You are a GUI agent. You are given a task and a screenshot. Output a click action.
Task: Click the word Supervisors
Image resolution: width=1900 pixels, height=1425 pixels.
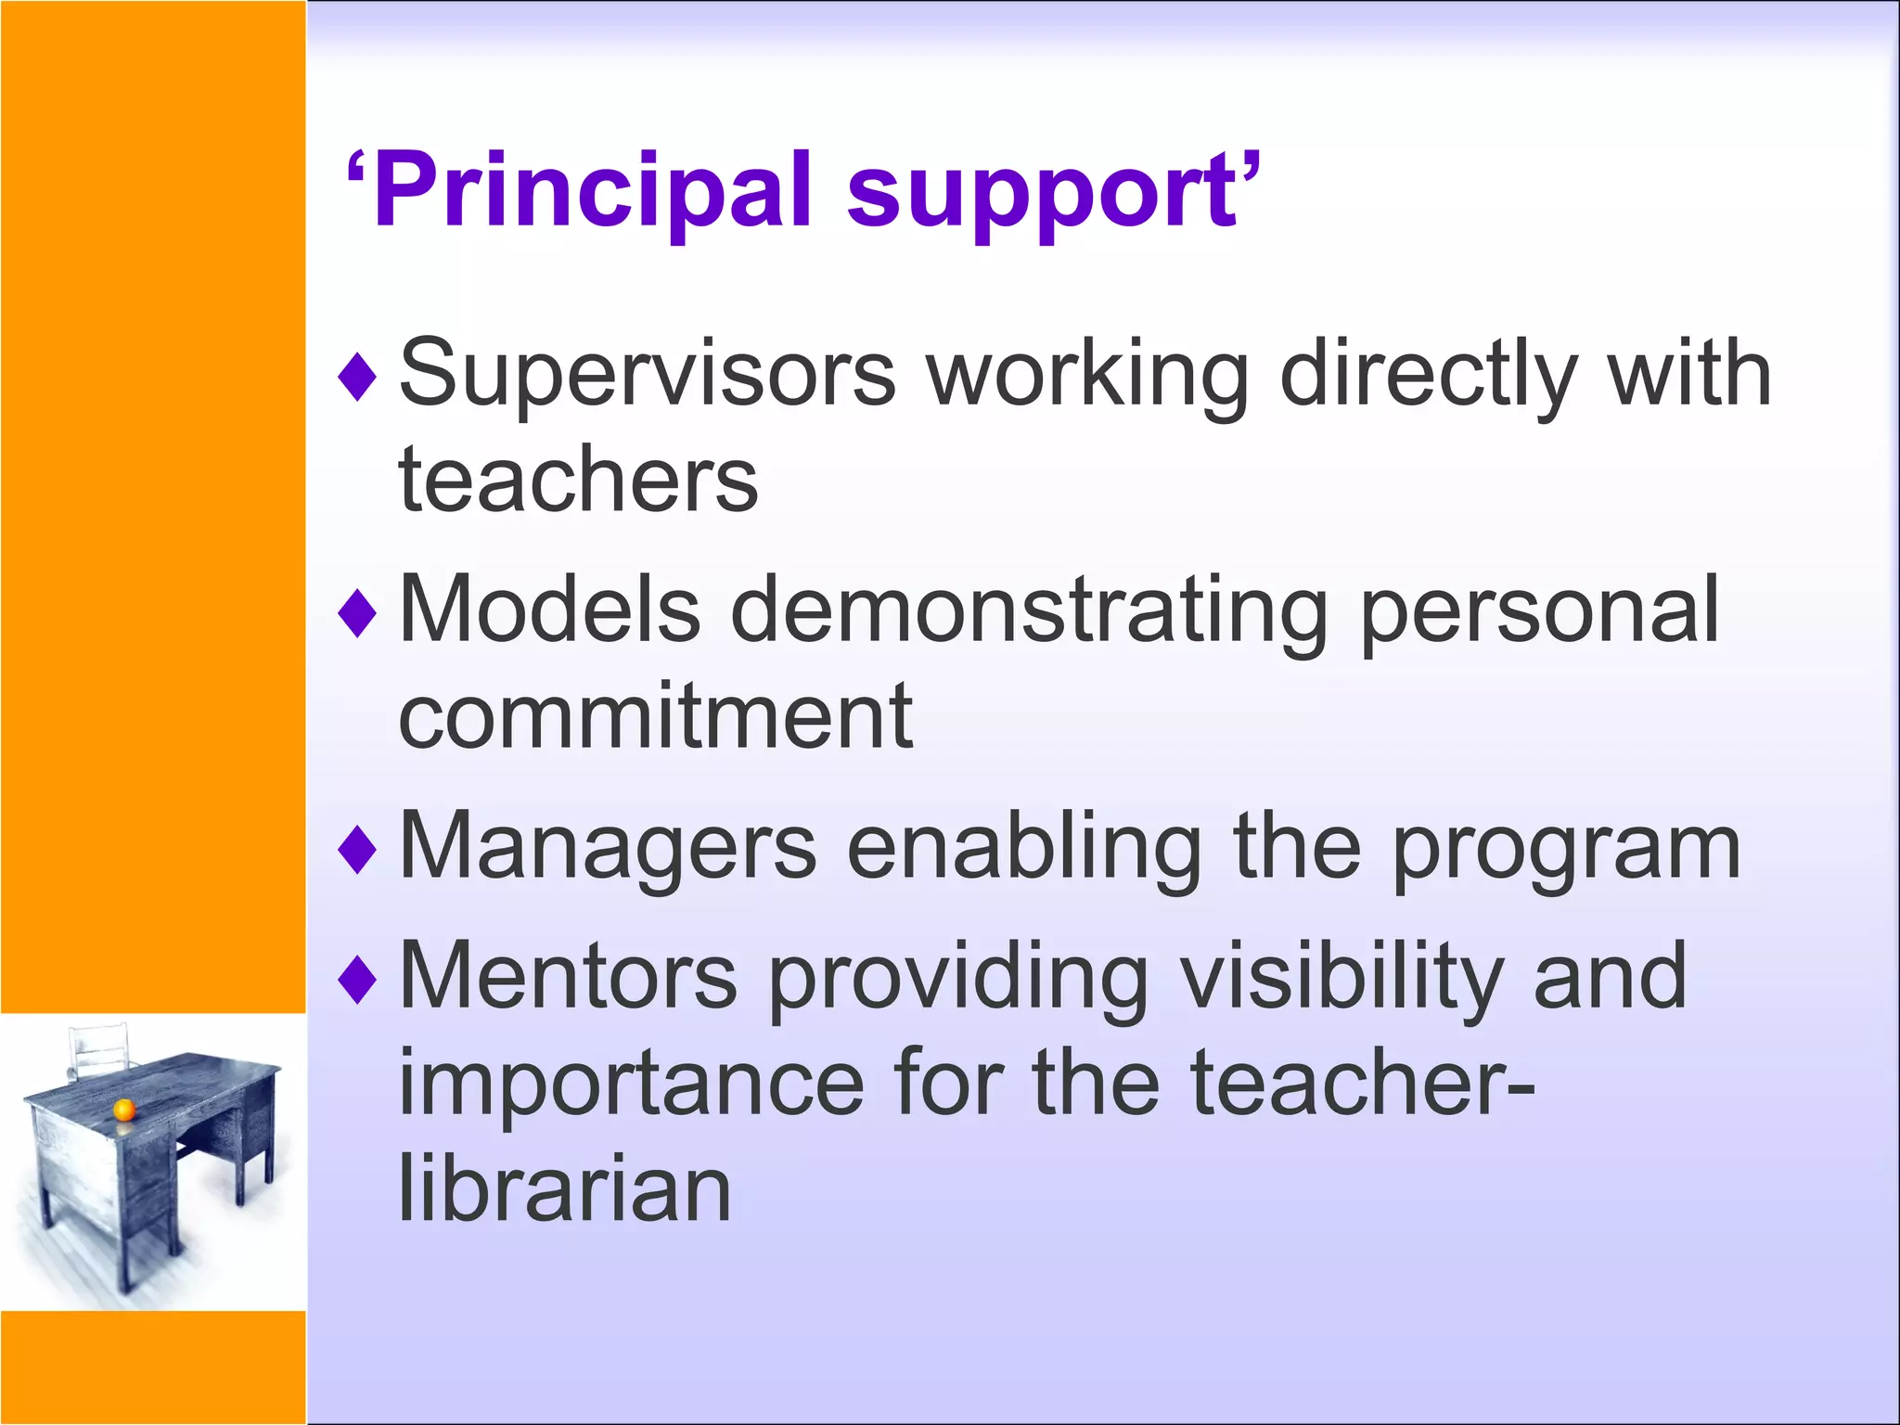pos(647,374)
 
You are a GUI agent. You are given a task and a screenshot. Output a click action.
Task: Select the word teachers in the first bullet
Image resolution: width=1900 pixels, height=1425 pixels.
pos(578,480)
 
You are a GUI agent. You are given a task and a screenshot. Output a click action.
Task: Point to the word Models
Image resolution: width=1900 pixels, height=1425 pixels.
pos(549,609)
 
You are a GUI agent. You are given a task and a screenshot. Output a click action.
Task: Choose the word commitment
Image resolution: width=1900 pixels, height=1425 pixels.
pos(655,716)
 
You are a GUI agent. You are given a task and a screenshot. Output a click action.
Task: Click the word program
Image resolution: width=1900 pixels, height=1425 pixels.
pos(1566,851)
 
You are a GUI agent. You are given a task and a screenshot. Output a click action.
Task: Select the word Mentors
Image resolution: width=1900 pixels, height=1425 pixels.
pos(568,976)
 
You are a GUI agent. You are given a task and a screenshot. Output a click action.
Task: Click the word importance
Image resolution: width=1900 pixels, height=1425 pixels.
pos(631,1084)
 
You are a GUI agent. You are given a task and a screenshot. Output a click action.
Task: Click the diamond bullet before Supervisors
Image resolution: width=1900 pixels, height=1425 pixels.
pos(357,377)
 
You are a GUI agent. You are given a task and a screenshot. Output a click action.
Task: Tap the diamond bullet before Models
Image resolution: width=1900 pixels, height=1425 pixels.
pos(357,612)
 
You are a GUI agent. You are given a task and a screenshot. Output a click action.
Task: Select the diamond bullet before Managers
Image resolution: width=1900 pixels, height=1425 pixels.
pos(357,849)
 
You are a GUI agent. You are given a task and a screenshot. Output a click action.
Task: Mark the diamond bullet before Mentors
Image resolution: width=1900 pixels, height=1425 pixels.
pos(357,980)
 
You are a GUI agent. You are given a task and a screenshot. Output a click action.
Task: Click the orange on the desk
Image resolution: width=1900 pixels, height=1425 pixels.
pos(123,1110)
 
